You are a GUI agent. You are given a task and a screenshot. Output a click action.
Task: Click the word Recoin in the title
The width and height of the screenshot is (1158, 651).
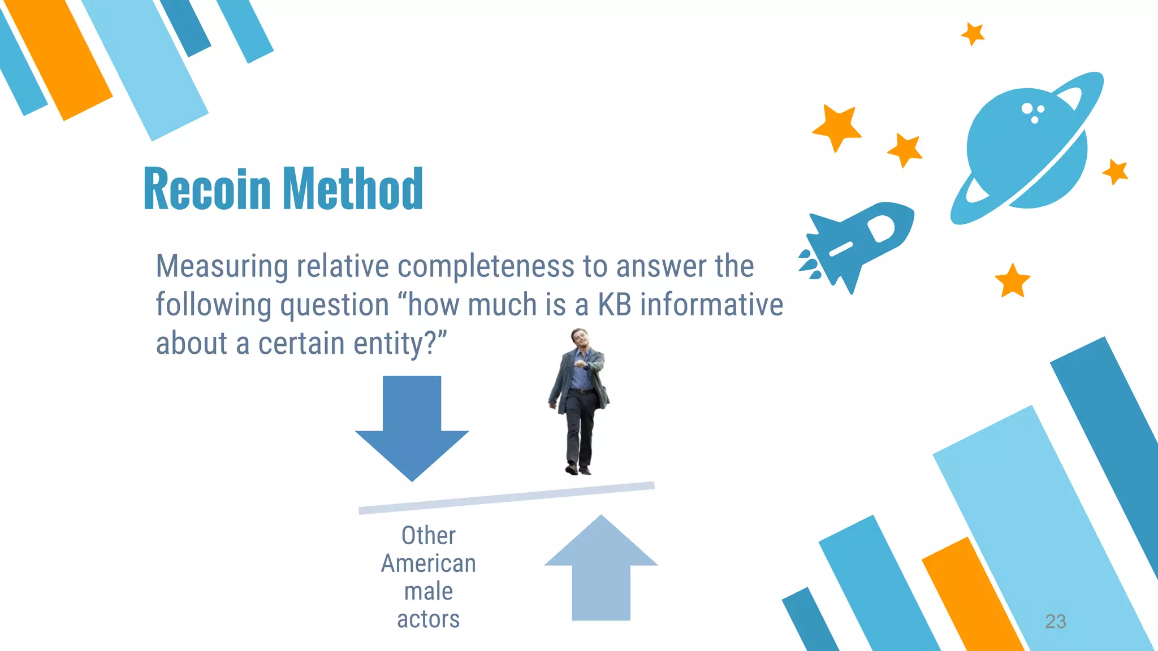coord(207,189)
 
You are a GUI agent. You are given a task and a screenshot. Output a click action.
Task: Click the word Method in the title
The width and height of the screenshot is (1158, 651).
coord(353,189)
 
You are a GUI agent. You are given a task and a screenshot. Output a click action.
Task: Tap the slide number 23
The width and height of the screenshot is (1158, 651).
coord(1055,621)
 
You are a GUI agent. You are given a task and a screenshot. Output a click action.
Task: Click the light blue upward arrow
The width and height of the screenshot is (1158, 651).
coord(601,571)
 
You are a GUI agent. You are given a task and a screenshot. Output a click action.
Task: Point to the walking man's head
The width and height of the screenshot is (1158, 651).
coord(577,338)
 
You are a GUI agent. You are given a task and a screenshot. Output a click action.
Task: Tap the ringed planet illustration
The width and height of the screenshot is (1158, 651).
coord(1026,149)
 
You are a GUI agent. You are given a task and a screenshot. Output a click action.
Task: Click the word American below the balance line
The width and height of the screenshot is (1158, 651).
coord(428,563)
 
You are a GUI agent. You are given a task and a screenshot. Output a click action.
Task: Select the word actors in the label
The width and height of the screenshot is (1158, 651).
coord(428,619)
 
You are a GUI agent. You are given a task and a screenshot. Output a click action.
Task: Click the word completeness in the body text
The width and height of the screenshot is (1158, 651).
coord(486,266)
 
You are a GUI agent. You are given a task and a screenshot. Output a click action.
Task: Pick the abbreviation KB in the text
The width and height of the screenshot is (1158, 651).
coord(614,305)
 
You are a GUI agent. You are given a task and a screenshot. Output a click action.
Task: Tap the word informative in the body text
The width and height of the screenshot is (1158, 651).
coord(711,305)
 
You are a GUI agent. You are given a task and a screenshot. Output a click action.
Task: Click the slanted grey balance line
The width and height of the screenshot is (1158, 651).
coord(506,498)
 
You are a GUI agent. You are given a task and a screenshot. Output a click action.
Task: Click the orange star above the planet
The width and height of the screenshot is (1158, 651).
coord(973,34)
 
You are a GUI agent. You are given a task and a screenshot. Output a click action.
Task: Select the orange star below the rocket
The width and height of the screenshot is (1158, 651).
coord(1012,281)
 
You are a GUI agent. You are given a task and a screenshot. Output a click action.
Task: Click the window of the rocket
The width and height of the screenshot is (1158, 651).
coord(881,228)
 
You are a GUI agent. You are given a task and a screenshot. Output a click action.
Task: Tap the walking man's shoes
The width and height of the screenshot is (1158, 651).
coord(578,470)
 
